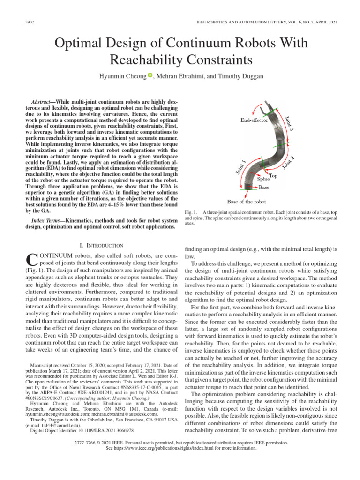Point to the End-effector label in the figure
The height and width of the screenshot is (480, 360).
pyautogui.click(x=254, y=120)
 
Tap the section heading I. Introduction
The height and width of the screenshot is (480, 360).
pyautogui.click(x=102, y=245)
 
